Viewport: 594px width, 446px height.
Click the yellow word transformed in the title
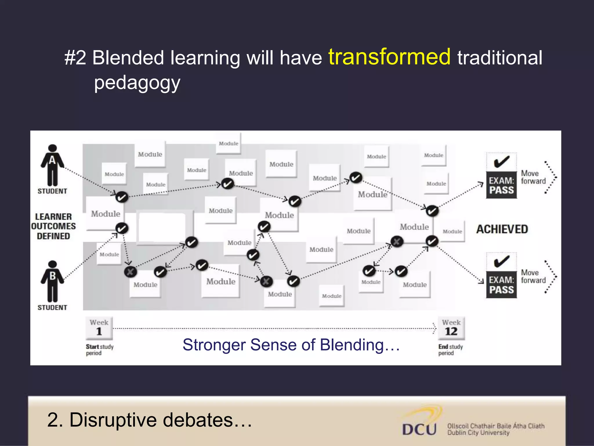(389, 57)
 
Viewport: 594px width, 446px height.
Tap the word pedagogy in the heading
(137, 83)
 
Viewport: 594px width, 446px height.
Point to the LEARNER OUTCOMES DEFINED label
(53, 226)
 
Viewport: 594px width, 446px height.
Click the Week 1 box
(99, 328)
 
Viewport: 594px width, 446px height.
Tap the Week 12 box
(451, 328)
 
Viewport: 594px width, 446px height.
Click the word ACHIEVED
(502, 229)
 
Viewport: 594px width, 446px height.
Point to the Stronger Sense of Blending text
(291, 345)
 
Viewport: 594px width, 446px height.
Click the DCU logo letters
(419, 429)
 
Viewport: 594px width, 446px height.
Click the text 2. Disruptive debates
(149, 420)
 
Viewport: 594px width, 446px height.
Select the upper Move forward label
(533, 177)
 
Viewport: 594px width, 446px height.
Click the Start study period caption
(99, 350)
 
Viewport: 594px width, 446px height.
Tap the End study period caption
(450, 350)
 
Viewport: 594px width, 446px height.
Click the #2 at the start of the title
(75, 58)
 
